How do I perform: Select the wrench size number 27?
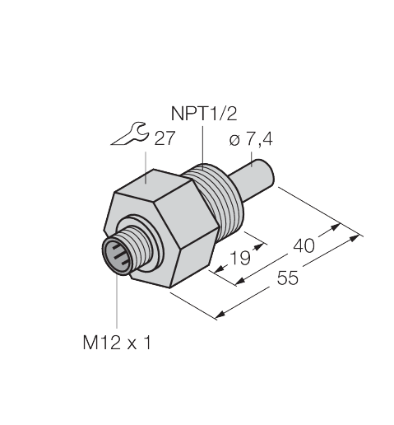pyautogui.click(x=165, y=138)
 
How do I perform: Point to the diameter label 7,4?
pyautogui.click(x=260, y=142)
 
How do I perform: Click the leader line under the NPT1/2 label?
pyautogui.click(x=201, y=144)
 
